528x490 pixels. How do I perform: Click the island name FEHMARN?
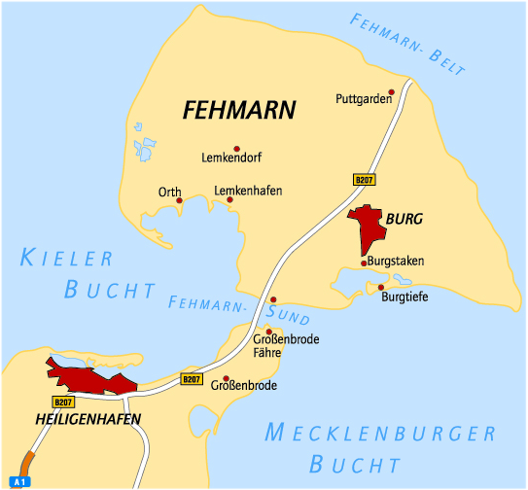238,110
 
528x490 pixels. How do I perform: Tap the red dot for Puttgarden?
391,92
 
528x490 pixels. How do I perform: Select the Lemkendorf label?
231,157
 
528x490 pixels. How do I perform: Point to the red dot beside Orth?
180,201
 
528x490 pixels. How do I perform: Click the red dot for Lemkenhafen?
229,200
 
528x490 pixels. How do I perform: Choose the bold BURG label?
404,220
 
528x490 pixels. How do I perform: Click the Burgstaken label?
397,262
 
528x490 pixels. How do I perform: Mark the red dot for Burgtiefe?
381,287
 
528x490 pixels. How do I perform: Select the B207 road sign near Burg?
364,180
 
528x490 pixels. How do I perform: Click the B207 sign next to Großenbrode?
192,380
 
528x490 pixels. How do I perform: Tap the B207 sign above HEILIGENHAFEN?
63,402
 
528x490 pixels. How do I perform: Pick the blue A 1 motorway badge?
19,480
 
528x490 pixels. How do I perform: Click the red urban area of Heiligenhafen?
92,378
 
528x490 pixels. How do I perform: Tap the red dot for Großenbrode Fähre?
269,332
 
